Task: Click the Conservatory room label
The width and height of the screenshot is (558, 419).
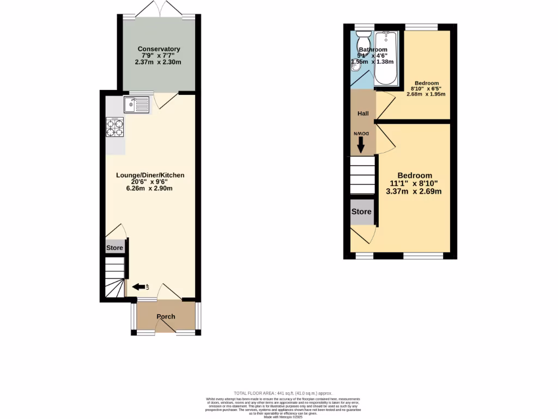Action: pyautogui.click(x=159, y=49)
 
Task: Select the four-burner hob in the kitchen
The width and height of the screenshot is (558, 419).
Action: pyautogui.click(x=115, y=127)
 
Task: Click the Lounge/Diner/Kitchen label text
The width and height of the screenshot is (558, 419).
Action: pyautogui.click(x=150, y=175)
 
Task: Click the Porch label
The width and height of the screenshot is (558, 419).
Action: pyautogui.click(x=166, y=316)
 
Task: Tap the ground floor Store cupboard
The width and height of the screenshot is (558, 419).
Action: pyautogui.click(x=115, y=248)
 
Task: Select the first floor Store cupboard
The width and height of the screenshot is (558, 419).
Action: pyautogui.click(x=361, y=212)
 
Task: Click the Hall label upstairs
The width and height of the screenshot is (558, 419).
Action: pyautogui.click(x=363, y=113)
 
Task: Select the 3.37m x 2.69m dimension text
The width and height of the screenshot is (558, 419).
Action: pyautogui.click(x=414, y=191)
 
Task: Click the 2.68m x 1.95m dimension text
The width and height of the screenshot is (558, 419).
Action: pyautogui.click(x=426, y=94)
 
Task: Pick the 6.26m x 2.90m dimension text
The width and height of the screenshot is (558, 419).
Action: pyautogui.click(x=150, y=189)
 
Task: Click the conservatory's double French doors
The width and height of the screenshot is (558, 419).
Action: pyautogui.click(x=159, y=9)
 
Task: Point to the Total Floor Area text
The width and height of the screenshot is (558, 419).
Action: pyautogui.click(x=282, y=393)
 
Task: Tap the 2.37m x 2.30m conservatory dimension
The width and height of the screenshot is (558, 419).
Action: pyautogui.click(x=158, y=63)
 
